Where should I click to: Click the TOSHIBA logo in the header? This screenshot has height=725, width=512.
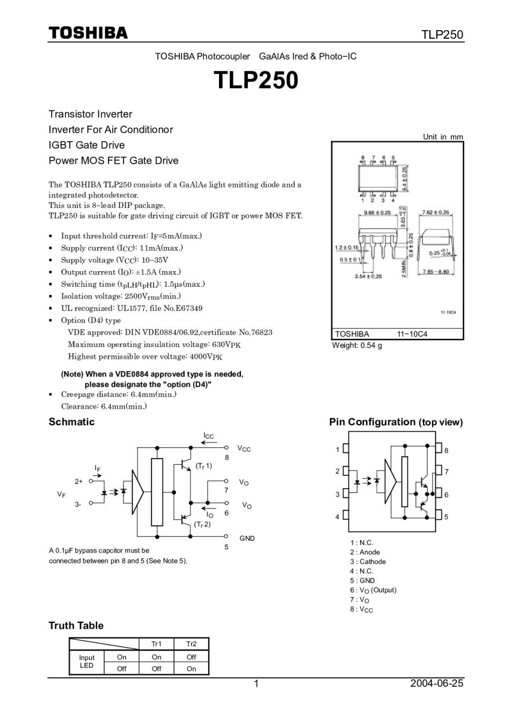89,33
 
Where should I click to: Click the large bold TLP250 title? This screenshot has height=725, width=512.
256,81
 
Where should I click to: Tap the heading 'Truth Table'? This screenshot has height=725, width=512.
76,626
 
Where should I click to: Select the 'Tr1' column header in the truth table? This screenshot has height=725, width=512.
156,644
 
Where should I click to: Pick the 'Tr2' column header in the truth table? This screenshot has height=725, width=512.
191,644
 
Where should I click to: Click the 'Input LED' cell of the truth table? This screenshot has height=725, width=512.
86,662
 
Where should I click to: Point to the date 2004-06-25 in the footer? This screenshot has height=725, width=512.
436,684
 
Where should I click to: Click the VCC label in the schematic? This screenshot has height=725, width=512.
244,448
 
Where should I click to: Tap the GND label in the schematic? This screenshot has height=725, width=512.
247,538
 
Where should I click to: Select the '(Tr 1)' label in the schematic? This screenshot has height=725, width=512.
203,466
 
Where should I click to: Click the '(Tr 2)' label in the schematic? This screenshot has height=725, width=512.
202,524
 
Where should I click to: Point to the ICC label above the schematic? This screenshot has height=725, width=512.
208,436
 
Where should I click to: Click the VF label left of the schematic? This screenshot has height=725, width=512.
62,494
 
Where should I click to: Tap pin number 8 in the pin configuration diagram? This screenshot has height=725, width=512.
446,451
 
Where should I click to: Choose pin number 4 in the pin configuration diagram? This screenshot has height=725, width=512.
338,517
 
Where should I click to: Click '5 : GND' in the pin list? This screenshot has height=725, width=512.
362,581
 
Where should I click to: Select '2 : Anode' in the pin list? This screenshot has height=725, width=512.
364,552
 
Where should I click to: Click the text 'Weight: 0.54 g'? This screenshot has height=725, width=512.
357,345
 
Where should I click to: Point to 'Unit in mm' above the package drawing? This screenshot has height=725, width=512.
442,137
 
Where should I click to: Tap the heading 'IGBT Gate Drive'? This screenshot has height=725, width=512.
86,145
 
